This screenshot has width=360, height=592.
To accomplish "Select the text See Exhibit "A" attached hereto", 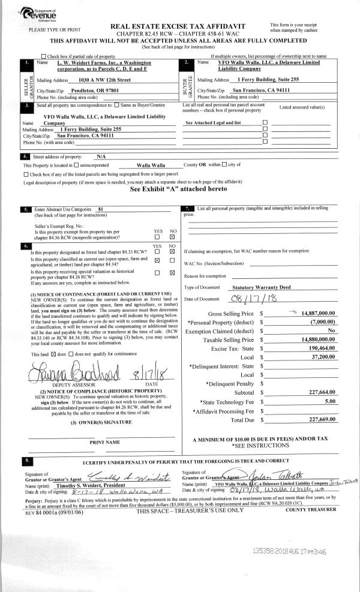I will point(179,188).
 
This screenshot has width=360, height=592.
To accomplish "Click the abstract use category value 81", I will point(101,209).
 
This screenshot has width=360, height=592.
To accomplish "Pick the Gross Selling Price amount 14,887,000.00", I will point(313,313).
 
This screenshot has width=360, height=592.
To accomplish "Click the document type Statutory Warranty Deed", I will point(262,287).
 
